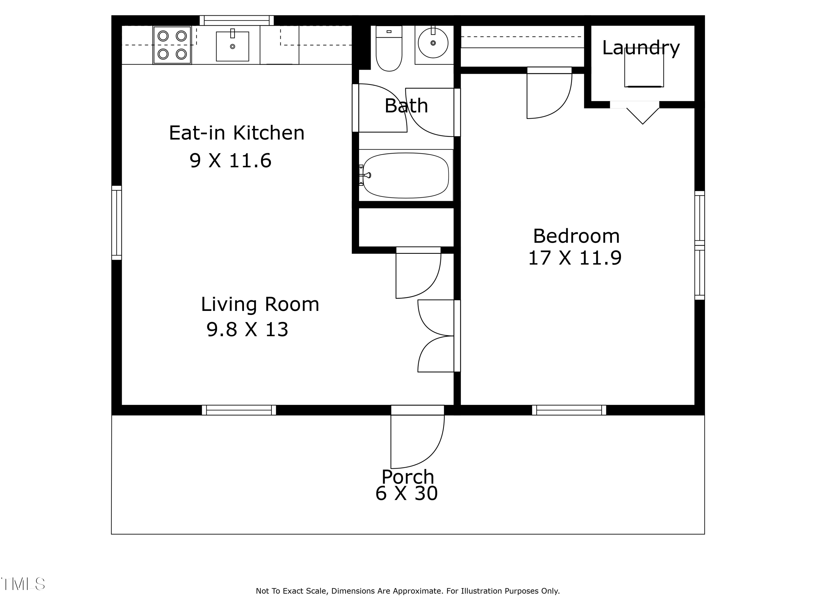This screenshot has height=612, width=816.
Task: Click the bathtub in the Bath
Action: tap(406, 176)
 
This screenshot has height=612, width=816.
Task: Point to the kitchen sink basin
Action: tap(232, 47)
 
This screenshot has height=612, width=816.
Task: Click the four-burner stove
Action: tap(172, 45)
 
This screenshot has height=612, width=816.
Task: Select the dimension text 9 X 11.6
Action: tap(231, 160)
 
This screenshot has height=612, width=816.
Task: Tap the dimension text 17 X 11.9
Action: tap(575, 258)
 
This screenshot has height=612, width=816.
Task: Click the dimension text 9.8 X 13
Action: tap(247, 329)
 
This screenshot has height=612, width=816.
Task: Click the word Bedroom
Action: tap(576, 236)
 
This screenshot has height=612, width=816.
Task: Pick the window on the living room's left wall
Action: tap(117, 223)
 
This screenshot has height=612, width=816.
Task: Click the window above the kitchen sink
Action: tap(236, 20)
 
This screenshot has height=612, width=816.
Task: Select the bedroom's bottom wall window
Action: tap(569, 410)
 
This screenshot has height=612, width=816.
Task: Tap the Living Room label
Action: tap(260, 304)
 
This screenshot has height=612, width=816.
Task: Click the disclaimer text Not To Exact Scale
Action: tap(408, 591)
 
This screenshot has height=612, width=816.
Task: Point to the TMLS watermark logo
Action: tap(23, 584)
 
